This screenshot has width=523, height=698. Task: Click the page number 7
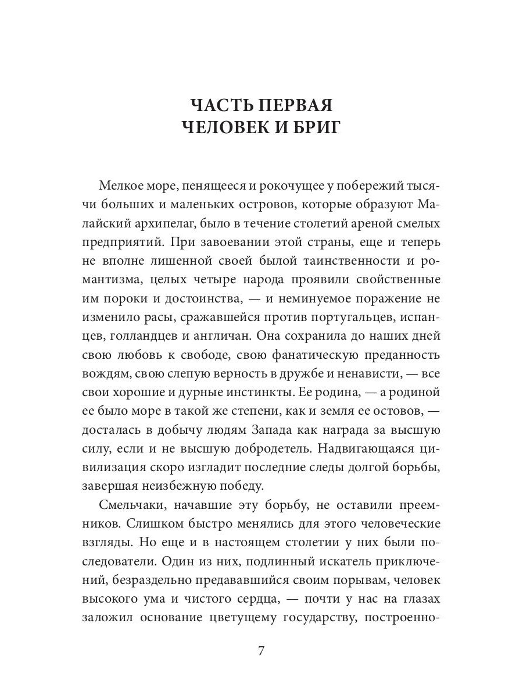click(x=261, y=651)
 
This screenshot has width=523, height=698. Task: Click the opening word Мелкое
click(x=121, y=186)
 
